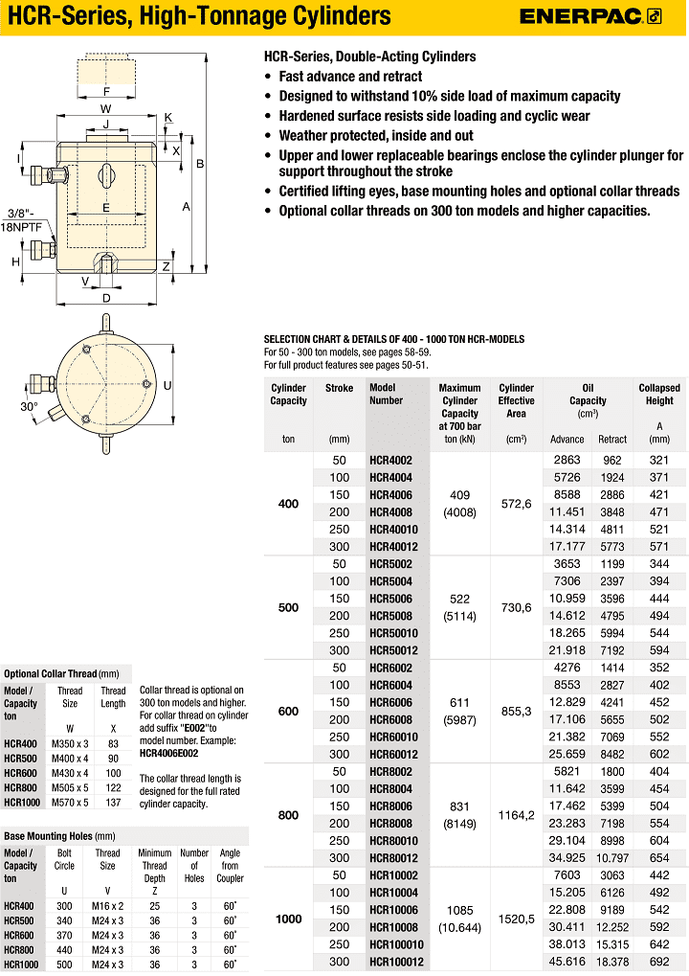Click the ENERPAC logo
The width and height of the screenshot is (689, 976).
click(590, 15)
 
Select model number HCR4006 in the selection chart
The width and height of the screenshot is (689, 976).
click(391, 494)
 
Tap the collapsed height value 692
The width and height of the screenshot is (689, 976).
click(659, 962)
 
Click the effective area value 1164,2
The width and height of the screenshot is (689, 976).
click(516, 814)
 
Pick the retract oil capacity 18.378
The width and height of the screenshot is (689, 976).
click(613, 962)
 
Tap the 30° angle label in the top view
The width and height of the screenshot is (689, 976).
click(30, 406)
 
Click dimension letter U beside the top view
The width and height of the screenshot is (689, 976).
click(167, 385)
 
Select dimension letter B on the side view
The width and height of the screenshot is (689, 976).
click(200, 164)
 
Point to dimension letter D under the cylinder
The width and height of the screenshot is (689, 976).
click(106, 298)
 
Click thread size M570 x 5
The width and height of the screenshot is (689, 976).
click(70, 802)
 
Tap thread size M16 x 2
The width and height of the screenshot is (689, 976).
click(107, 906)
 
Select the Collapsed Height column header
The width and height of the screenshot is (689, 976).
click(659, 395)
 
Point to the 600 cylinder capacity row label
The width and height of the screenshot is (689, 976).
click(288, 712)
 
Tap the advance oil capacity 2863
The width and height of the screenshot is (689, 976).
click(567, 460)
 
